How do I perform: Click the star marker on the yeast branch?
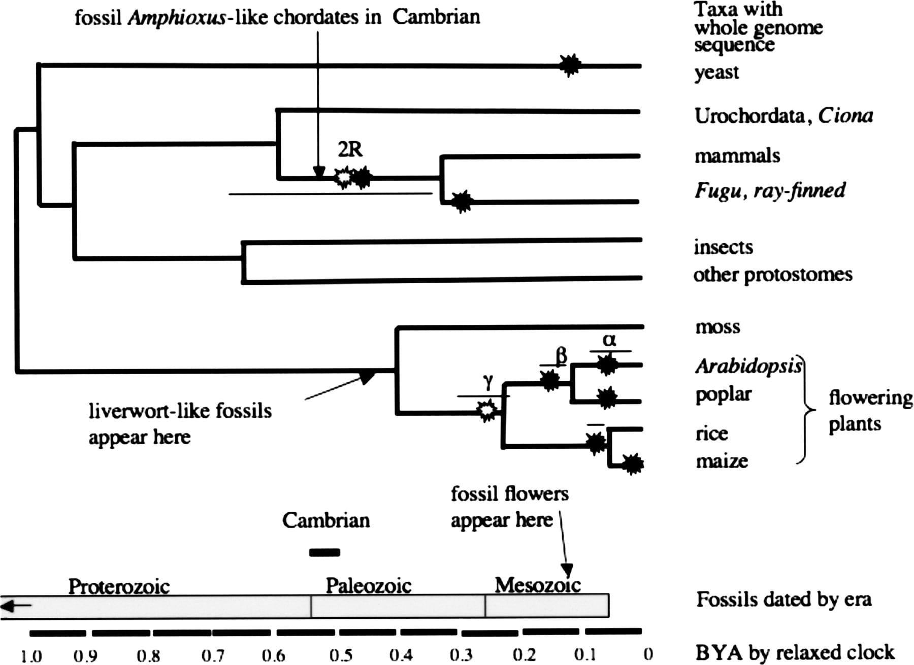(570, 65)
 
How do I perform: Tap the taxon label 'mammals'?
(737, 155)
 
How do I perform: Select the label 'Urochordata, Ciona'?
(784, 116)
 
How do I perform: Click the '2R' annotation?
(350, 149)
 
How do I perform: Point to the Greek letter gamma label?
(488, 382)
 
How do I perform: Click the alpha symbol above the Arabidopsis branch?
(609, 340)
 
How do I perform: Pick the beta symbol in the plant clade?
(561, 356)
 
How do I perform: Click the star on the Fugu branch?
(462, 202)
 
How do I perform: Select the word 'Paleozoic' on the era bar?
(368, 586)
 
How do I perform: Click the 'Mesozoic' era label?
(538, 585)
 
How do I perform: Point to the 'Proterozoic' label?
(119, 586)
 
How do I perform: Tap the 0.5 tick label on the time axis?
(341, 655)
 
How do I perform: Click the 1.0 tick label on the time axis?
(31, 656)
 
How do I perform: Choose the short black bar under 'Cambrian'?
(324, 552)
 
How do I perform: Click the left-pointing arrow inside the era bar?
(16, 606)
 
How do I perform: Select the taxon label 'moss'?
(717, 327)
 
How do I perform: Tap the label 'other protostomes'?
(773, 275)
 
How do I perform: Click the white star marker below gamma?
(487, 410)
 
